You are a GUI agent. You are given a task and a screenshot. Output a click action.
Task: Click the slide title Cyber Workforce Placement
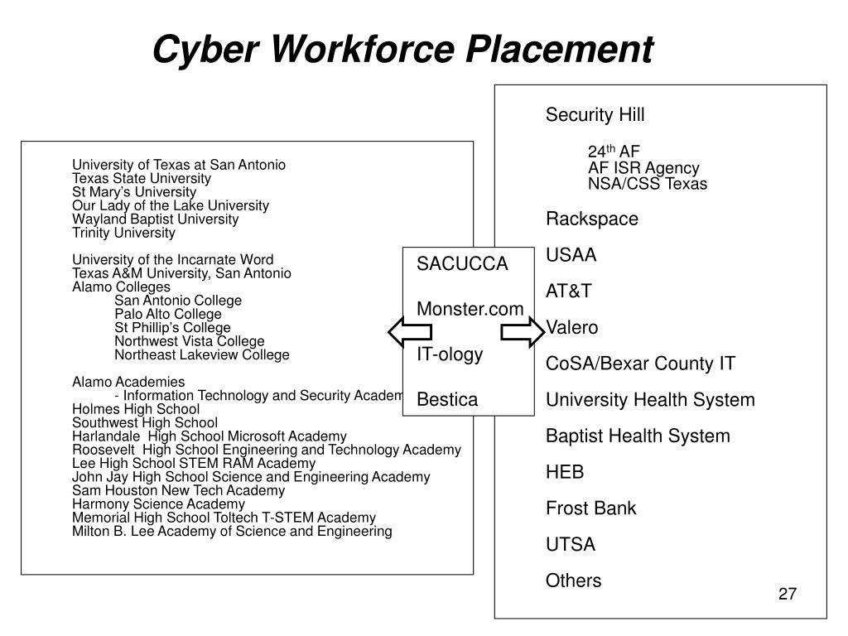tap(402, 50)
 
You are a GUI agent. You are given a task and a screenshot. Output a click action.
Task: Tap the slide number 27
tap(787, 595)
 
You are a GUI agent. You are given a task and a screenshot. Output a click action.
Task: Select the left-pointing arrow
tap(409, 333)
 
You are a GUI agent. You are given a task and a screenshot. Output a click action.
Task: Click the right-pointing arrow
tap(521, 333)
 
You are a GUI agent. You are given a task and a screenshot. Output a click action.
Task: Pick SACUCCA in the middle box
tap(461, 264)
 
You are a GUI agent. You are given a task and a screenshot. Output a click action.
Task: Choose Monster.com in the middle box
tap(470, 309)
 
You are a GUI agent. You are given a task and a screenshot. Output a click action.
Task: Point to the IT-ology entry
tap(450, 354)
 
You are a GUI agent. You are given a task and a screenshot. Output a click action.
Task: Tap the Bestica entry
tap(447, 400)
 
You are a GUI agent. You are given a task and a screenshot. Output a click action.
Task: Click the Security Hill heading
tap(595, 115)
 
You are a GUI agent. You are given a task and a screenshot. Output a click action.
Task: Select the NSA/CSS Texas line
tap(648, 184)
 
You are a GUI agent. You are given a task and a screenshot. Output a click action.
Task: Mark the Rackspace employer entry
tap(592, 219)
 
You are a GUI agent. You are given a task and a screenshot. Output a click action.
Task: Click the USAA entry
tap(571, 255)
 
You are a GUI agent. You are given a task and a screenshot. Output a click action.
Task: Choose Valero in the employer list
tap(571, 328)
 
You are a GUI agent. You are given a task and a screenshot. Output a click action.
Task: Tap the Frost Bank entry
tap(590, 508)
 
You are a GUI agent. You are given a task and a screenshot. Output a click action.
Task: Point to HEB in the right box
tap(565, 472)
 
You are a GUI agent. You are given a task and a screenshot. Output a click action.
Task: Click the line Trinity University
tap(123, 233)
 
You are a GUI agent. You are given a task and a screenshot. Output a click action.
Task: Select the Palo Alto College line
tap(168, 314)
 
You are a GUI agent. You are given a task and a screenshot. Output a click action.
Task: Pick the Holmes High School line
tap(136, 408)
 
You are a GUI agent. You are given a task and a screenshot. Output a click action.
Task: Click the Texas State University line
tap(142, 178)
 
